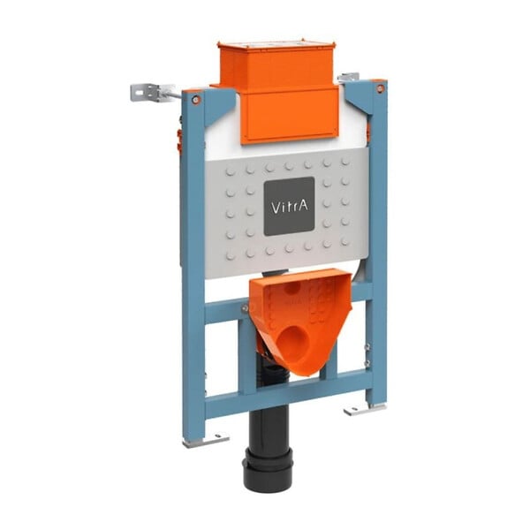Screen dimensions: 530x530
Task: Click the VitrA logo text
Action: coord(290,207)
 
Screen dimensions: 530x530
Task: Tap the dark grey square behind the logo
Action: coord(290,206)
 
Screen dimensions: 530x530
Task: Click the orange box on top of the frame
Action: coord(277,66)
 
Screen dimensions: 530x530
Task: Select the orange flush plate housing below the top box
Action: coord(290,115)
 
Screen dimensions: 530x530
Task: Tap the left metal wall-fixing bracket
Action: coord(152,92)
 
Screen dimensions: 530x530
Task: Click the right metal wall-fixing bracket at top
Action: coord(348,77)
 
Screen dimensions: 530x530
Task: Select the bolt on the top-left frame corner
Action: coord(196,99)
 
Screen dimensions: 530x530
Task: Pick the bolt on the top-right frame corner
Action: coord(381,88)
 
